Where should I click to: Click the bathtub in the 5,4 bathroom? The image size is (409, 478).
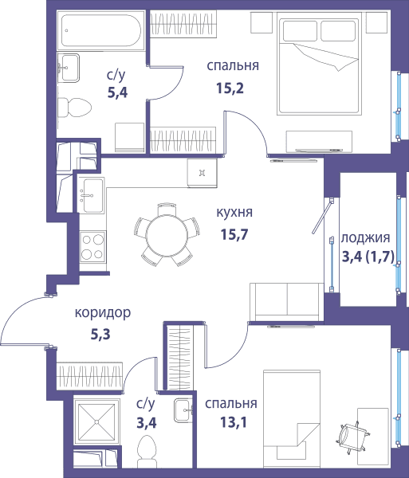(x=100, y=30)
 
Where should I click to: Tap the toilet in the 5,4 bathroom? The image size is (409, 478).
(x=74, y=108)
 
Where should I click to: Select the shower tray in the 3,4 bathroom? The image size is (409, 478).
(x=96, y=422)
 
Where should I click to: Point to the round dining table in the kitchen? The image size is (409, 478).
(x=166, y=235)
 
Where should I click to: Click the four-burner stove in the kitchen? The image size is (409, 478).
(x=92, y=247)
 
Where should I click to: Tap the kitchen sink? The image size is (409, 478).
(x=90, y=195)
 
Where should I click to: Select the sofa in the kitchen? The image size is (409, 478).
(x=286, y=302)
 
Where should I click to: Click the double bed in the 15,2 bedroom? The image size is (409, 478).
(x=319, y=64)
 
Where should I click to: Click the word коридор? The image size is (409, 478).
(x=103, y=313)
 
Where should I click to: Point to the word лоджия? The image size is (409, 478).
(x=365, y=238)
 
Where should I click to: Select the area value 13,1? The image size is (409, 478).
(x=233, y=422)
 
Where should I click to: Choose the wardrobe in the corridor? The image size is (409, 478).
(x=89, y=376)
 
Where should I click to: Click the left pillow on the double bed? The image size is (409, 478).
(x=300, y=30)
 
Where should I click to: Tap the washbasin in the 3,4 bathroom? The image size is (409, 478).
(x=183, y=410)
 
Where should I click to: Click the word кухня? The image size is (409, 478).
(x=234, y=212)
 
